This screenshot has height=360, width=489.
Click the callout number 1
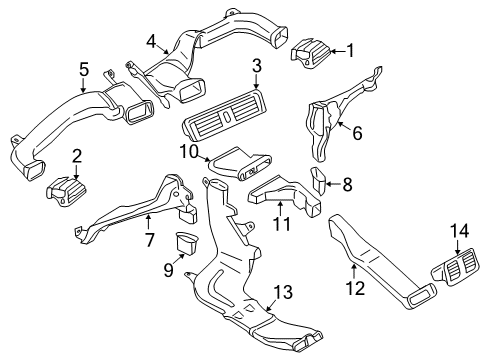[x=350, y=51]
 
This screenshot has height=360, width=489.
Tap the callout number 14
[x=460, y=231]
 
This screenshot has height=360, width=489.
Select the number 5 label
[x=84, y=70]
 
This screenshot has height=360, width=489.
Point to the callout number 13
[x=283, y=292]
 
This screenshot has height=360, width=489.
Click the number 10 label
[x=189, y=152]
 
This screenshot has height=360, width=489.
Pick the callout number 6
[x=357, y=134]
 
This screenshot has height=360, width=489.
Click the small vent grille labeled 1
[x=311, y=54]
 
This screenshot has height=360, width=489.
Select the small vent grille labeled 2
[x=67, y=192]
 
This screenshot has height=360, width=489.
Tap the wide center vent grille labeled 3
[x=225, y=118]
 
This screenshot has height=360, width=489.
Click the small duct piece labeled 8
[x=319, y=180]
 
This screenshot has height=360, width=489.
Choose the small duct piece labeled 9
[x=186, y=243]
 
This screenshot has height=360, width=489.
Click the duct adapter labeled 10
[x=240, y=164]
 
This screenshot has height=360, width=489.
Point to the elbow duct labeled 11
[x=285, y=195]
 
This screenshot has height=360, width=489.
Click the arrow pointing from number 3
[x=256, y=81]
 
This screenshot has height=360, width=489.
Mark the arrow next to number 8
[x=333, y=184]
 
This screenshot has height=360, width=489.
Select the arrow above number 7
[x=149, y=222]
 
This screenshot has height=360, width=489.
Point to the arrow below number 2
[x=77, y=173]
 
